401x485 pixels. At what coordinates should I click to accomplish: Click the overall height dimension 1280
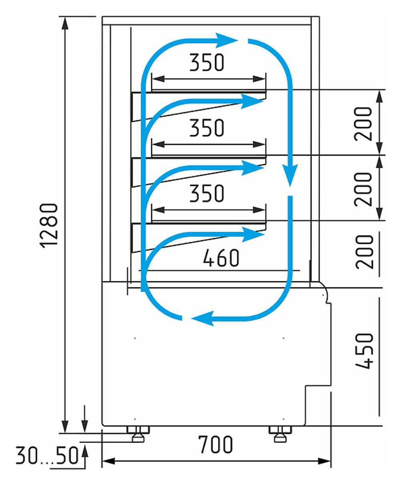[x=50, y=225]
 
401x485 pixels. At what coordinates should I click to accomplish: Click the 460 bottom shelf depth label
[x=221, y=258]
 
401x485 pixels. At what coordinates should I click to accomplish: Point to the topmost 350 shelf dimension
[x=207, y=62]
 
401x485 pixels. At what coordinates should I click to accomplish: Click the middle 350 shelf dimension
[x=207, y=128]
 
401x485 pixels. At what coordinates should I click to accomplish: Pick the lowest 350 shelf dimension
[x=207, y=194]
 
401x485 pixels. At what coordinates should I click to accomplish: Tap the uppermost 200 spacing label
[x=364, y=123]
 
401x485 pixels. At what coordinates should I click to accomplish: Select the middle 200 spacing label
[x=364, y=188]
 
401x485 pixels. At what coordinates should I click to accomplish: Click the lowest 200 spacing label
[x=364, y=252]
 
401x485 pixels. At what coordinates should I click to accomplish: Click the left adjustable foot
[x=138, y=434]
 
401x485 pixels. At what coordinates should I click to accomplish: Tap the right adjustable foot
[x=280, y=434]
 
